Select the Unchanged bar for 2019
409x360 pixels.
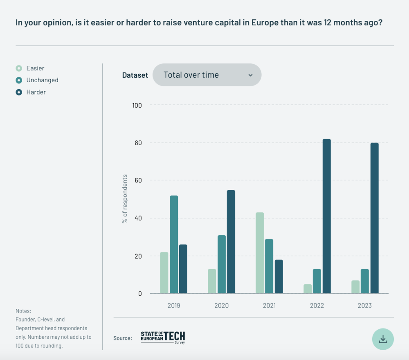click(174, 244)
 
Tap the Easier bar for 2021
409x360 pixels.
click(260, 253)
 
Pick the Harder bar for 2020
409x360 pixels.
click(231, 241)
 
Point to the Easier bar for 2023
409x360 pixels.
click(355, 287)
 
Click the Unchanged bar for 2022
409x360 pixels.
click(317, 281)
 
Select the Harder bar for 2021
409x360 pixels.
click(279, 277)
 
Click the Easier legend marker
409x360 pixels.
click(19, 68)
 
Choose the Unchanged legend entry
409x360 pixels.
click(42, 80)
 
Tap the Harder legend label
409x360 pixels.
click(36, 92)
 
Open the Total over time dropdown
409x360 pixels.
click(207, 75)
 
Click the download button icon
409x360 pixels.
click(383, 339)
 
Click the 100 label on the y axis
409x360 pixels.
click(137, 105)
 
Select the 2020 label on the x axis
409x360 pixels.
click(221, 306)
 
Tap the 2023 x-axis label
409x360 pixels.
click(364, 306)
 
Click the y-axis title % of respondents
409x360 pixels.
click(125, 199)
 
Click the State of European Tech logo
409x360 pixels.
click(163, 337)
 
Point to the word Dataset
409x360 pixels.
click(135, 75)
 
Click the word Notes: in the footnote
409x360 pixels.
click(23, 311)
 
